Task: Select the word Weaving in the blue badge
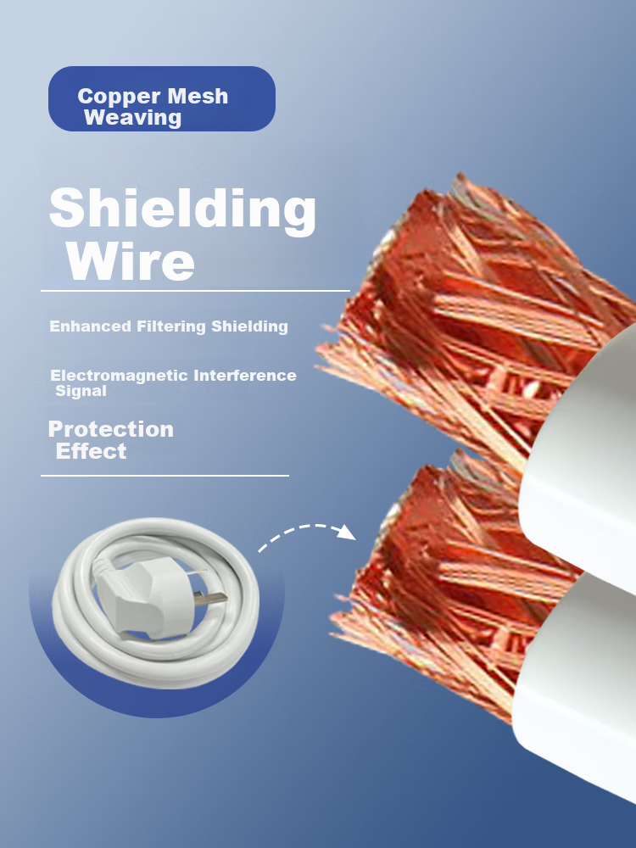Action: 132,118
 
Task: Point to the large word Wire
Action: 131,262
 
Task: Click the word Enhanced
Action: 91,326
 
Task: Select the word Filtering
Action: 171,326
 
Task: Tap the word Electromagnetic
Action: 119,376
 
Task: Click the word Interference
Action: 245,376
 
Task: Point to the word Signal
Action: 81,391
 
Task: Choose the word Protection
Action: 111,429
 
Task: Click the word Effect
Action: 91,451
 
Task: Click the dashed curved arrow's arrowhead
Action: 347,533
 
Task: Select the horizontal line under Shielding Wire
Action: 195,291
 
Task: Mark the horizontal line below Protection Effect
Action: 165,476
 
